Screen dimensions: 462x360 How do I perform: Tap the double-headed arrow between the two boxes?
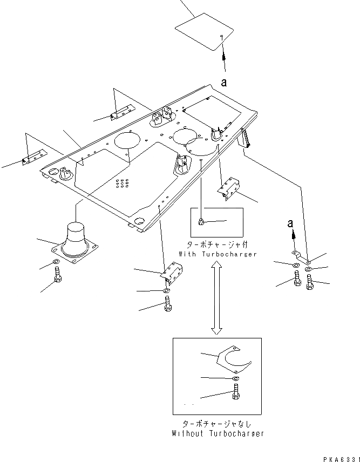tap(215, 296)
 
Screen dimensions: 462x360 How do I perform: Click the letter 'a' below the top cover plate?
tap(223, 81)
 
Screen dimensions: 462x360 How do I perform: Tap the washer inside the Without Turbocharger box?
tap(236, 379)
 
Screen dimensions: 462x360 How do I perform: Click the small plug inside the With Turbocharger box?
tap(201, 221)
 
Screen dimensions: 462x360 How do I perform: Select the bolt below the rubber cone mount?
tap(58, 281)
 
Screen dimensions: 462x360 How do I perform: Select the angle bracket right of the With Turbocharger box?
tap(229, 188)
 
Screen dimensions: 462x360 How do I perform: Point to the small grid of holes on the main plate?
tap(122, 183)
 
